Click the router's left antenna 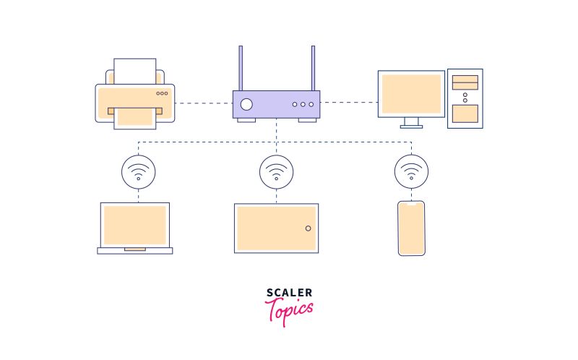pyautogui.click(x=241, y=69)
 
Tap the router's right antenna pyautogui.click(x=313, y=69)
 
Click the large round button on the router pyautogui.click(x=247, y=104)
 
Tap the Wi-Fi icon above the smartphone pyautogui.click(x=412, y=172)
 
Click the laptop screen pyautogui.click(x=135, y=225)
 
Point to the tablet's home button pyautogui.click(x=309, y=228)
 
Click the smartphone pyautogui.click(x=412, y=228)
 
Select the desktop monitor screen pyautogui.click(x=411, y=94)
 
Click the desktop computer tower pyautogui.click(x=465, y=98)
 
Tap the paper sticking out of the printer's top pyautogui.click(x=135, y=71)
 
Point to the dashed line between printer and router pyautogui.click(x=203, y=103)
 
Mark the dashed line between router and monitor pyautogui.click(x=349, y=103)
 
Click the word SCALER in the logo pyautogui.click(x=289, y=293)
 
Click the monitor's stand pyautogui.click(x=412, y=122)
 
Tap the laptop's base pyautogui.click(x=135, y=251)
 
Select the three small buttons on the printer pyautogui.click(x=162, y=93)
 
